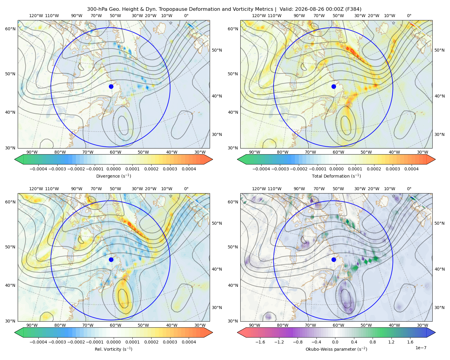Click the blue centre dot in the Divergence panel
pyautogui.click(x=111, y=86)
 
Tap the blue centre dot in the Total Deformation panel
pyautogui.click(x=334, y=86)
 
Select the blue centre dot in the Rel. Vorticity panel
pyautogui.click(x=111, y=259)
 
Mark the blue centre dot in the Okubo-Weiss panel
pyautogui.click(x=334, y=259)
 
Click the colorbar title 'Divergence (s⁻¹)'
pyautogui.click(x=113, y=176)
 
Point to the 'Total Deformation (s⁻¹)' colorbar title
pyautogui.click(x=336, y=176)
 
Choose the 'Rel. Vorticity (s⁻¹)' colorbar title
pyautogui.click(x=113, y=349)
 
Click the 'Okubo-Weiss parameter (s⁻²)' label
pyautogui.click(x=336, y=349)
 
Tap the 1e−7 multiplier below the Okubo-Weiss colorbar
pyautogui.click(x=421, y=348)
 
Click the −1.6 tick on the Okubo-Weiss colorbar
pyautogui.click(x=260, y=342)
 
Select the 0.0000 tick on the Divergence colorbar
pyautogui.click(x=113, y=169)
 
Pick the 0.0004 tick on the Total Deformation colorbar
pyautogui.click(x=411, y=169)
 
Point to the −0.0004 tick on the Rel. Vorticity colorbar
pyautogui.click(x=38, y=342)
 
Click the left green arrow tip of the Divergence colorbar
pyautogui.click(x=15, y=159)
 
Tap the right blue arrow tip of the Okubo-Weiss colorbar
pyautogui.click(x=435, y=332)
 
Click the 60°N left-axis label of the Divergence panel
pyautogui.click(x=10, y=29)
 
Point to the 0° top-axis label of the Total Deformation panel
pyautogui.click(x=409, y=16)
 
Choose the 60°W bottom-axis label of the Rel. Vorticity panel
pyautogui.click(x=115, y=325)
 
